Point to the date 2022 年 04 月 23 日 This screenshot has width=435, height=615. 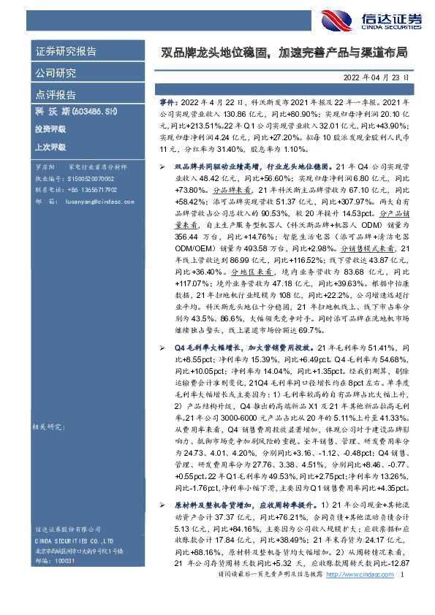(x=379, y=76)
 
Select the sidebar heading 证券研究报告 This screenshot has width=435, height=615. (x=66, y=52)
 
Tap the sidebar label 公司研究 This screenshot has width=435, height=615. (x=56, y=73)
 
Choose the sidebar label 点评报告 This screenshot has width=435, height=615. (x=56, y=95)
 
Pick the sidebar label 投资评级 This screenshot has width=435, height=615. (x=50, y=129)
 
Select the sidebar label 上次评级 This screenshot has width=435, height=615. (x=50, y=146)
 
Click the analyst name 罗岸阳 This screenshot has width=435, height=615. (x=45, y=167)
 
